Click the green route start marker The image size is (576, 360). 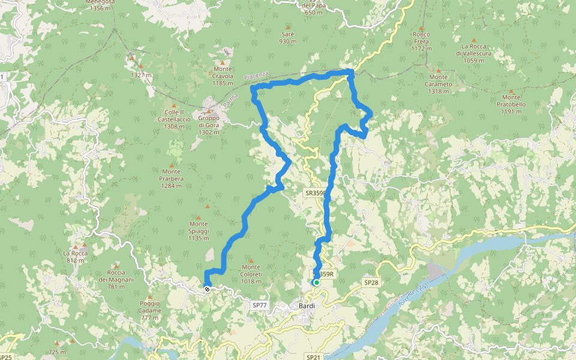pyautogui.click(x=316, y=282)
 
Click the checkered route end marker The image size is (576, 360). pyautogui.click(x=207, y=289)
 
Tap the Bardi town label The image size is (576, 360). pyautogui.click(x=307, y=305)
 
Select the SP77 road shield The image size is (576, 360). pyautogui.click(x=259, y=305)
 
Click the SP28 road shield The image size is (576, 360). pyautogui.click(x=370, y=282)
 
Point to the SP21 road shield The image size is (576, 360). pyautogui.click(x=313, y=357)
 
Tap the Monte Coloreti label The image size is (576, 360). pyautogui.click(x=251, y=274)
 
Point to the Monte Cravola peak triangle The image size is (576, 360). pyautogui.click(x=223, y=62)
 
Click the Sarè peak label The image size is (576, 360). pyautogui.click(x=288, y=38)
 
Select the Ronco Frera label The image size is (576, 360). pyautogui.click(x=422, y=41)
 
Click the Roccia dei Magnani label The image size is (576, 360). pyautogui.click(x=116, y=279)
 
